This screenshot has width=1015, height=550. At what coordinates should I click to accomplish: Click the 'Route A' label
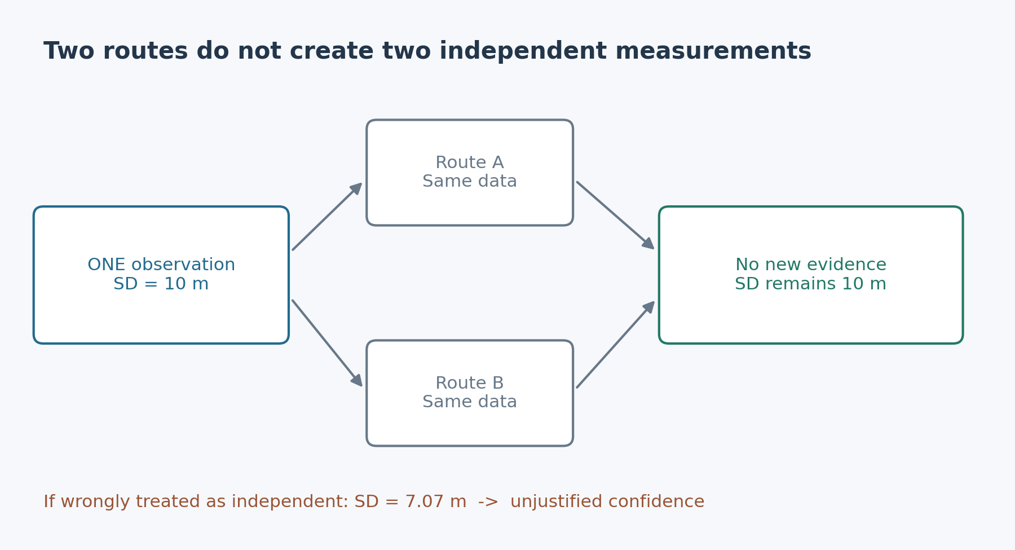[x=470, y=163]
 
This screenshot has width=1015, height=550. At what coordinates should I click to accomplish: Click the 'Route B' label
[x=470, y=384]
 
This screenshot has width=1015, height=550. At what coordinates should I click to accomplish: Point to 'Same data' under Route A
[x=470, y=182]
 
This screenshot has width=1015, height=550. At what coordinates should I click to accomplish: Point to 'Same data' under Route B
[x=470, y=402]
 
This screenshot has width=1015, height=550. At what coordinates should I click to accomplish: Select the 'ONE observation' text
[x=161, y=265]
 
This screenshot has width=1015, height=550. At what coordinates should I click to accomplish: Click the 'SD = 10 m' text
[x=161, y=284]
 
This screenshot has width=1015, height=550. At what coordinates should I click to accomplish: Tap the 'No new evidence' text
[x=811, y=265]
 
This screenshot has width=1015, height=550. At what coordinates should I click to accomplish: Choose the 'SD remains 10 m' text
[x=811, y=284]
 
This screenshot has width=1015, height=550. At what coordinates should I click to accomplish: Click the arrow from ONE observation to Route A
[x=327, y=217]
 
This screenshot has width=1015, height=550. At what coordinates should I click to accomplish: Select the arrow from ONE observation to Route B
[x=327, y=344]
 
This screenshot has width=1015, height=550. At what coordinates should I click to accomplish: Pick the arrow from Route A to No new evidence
[x=615, y=215]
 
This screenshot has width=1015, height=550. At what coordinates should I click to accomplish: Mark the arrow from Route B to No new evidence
[x=615, y=345]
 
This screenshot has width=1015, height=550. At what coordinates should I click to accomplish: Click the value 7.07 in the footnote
[x=422, y=502]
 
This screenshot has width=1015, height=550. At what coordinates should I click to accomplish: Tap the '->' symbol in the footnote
[x=488, y=503]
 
